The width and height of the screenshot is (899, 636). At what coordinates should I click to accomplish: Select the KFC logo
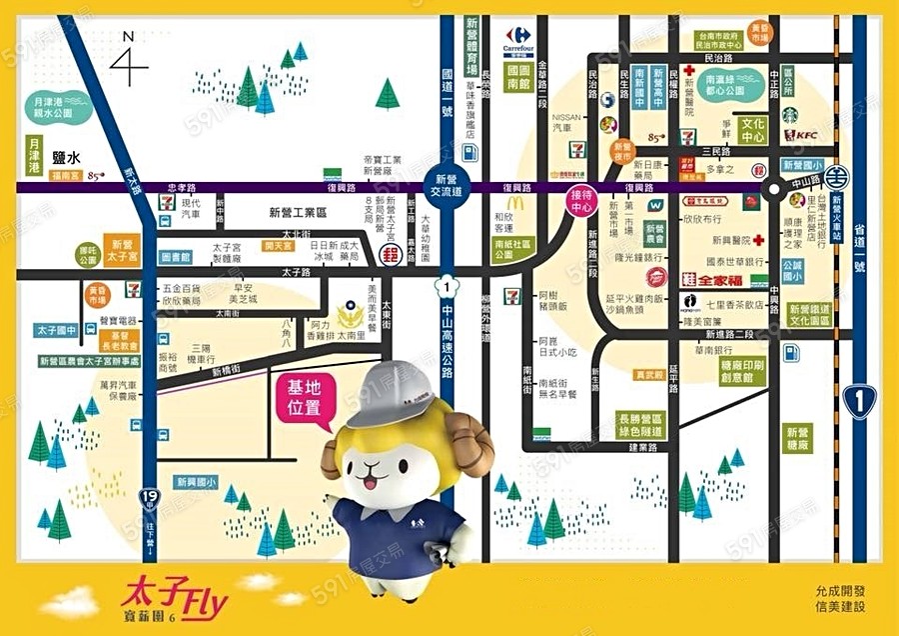pos(801,135)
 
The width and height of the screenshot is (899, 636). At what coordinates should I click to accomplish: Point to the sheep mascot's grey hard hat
pos(396,391)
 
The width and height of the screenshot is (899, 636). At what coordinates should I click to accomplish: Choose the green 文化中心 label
pos(754,130)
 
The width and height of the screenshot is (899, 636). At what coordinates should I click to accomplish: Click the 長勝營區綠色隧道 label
pos(640,425)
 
